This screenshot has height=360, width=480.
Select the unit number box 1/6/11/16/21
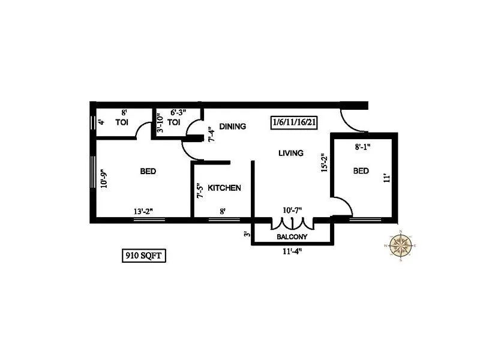294,122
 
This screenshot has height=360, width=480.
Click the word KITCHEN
224,188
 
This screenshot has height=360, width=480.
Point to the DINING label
232,126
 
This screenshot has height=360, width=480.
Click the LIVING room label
291,154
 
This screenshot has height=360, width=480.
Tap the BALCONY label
292,237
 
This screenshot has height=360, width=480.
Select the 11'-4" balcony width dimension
292,252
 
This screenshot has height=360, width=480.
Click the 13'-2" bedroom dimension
143,211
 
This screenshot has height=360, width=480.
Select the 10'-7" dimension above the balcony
292,211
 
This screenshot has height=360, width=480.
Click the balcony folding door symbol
292,224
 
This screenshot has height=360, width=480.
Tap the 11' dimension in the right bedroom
387,178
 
